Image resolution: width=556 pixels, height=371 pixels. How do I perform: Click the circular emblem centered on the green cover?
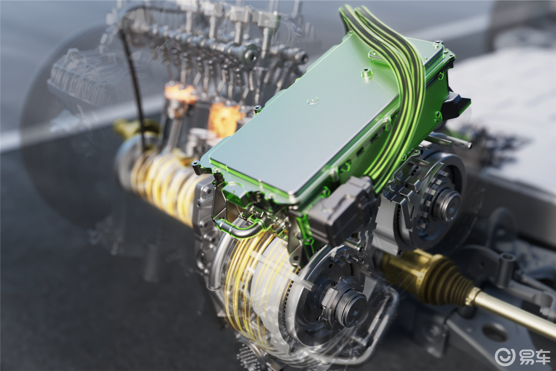(x=312, y=100)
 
